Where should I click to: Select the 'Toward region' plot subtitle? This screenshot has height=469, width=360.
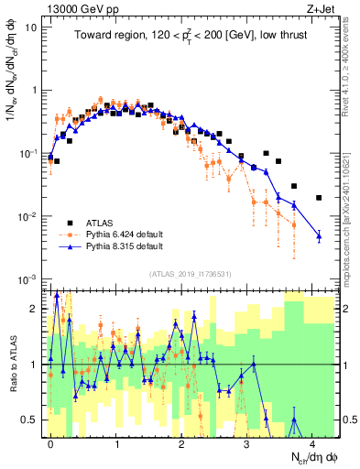tap(193, 36)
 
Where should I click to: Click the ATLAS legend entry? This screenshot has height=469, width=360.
tap(99, 223)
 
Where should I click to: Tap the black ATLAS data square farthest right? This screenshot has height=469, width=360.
tap(319, 197)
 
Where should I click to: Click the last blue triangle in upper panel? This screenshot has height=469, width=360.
tap(319, 236)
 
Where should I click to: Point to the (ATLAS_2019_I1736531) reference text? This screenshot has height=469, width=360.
tap(191, 274)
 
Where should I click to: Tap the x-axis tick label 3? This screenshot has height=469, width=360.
tap(247, 444)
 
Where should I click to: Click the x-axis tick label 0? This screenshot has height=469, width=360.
tap(50, 444)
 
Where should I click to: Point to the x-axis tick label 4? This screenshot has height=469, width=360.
tap(312, 444)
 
